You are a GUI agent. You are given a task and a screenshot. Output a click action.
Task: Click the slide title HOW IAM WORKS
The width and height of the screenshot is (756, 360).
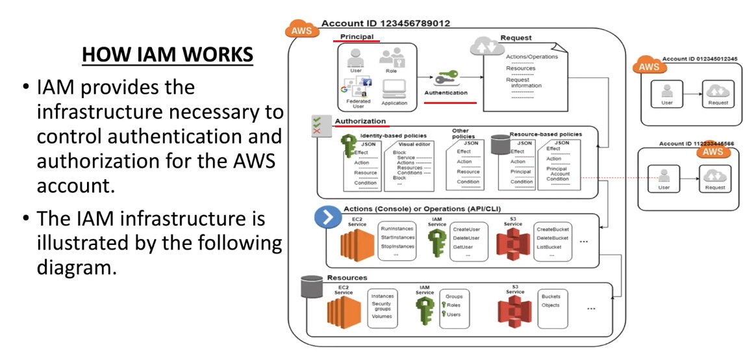(x=167, y=55)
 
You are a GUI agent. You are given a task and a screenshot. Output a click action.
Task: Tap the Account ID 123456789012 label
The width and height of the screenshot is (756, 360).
(x=385, y=23)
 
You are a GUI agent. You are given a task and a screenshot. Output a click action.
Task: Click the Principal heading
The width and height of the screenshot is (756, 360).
(x=357, y=37)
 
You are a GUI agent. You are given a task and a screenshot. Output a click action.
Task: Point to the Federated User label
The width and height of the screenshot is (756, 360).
(x=358, y=103)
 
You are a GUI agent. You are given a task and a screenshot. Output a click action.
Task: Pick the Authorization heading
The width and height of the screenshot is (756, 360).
(x=360, y=121)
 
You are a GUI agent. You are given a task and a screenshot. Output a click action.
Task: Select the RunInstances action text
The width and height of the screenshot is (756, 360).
(x=397, y=229)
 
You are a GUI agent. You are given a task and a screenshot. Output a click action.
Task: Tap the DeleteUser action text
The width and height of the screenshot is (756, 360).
(x=466, y=238)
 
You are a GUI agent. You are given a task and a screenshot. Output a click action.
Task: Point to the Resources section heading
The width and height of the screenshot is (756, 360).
(x=346, y=277)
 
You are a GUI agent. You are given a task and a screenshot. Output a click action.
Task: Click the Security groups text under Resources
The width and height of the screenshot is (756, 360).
(x=381, y=307)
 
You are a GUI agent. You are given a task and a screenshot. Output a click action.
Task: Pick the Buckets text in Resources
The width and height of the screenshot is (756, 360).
(x=551, y=296)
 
